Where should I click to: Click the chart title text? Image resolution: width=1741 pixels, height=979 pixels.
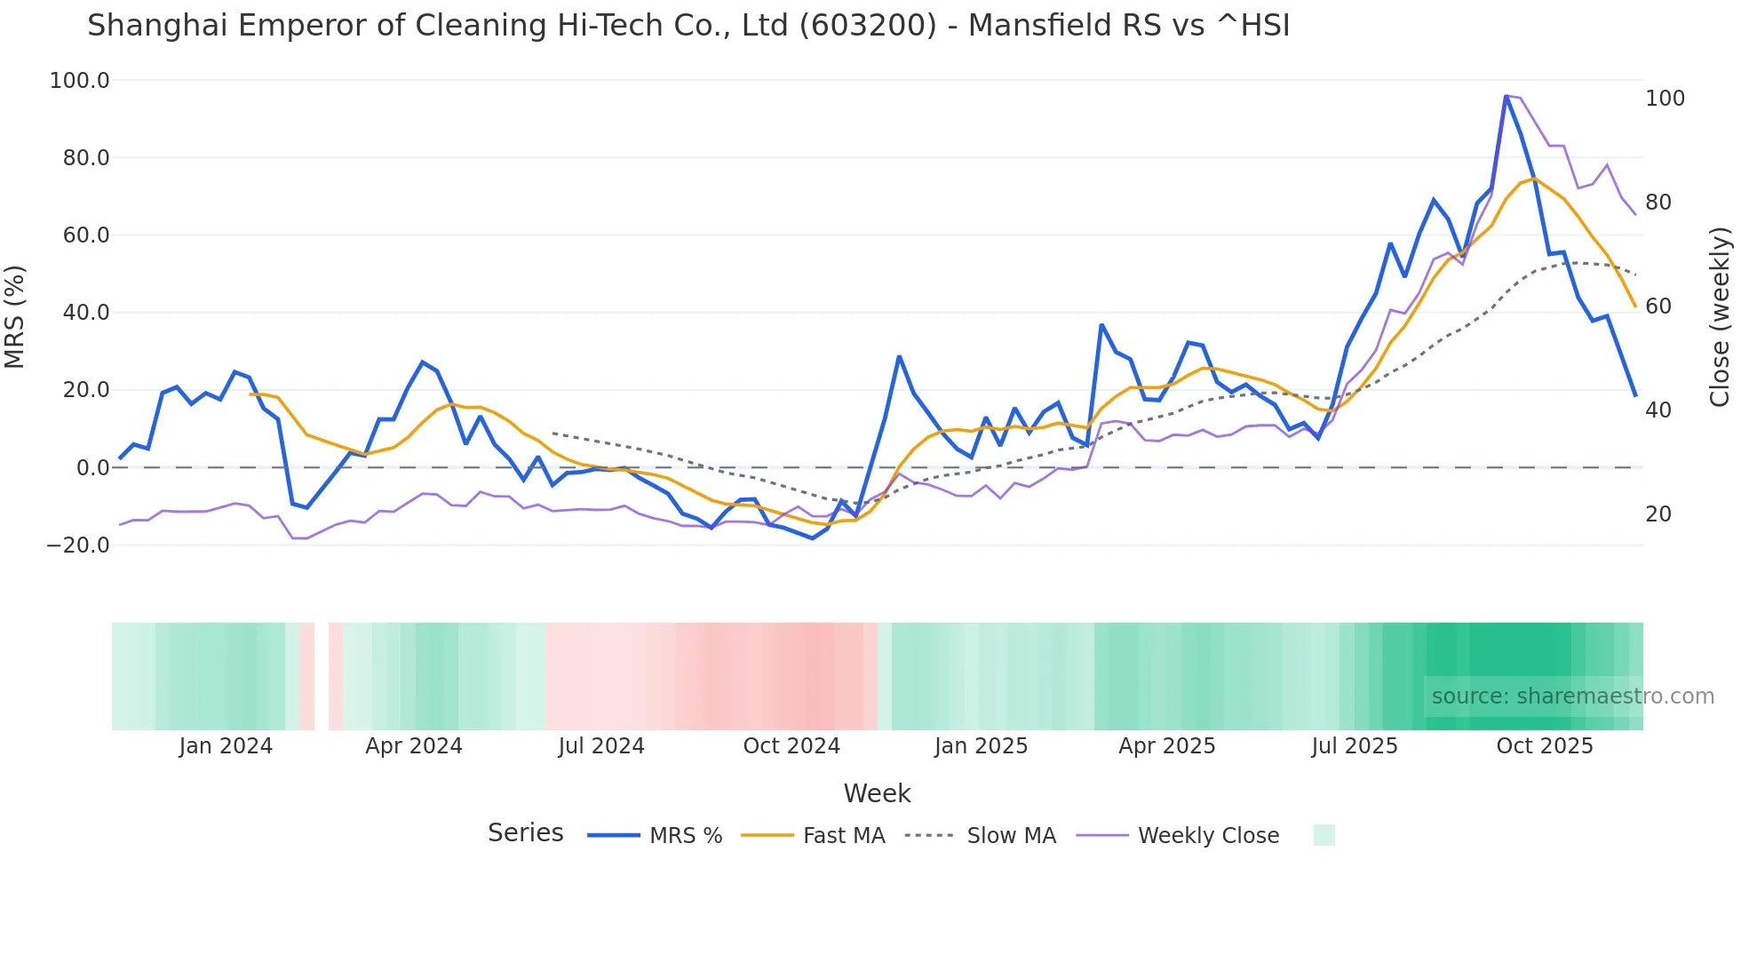[x=688, y=26]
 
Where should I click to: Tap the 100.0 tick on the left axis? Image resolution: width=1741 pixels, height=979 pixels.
[x=80, y=81]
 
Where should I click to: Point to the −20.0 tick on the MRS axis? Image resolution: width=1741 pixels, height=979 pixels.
[x=78, y=545]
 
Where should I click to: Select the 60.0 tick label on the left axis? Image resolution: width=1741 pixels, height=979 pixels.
[x=86, y=235]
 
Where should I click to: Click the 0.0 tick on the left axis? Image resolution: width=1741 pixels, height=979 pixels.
[x=92, y=468]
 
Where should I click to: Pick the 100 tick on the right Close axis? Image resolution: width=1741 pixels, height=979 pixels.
[x=1665, y=99]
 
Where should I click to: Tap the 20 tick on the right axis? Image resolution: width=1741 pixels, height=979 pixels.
[x=1658, y=514]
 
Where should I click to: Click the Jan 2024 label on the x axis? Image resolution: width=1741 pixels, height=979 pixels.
[x=226, y=746]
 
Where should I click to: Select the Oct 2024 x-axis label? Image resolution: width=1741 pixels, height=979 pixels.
[x=791, y=746]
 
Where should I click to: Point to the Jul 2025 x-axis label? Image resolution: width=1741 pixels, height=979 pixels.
[x=1355, y=746]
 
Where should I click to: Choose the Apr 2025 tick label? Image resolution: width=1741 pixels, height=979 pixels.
[x=1167, y=746]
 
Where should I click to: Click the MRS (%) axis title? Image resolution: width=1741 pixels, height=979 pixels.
[x=15, y=316]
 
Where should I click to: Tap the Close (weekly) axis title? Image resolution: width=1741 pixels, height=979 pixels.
[x=1720, y=316]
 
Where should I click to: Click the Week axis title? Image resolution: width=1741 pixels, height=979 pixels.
[x=877, y=793]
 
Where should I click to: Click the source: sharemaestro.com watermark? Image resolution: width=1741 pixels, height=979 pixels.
[x=1572, y=696]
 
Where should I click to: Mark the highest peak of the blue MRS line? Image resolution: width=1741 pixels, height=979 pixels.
[x=1506, y=96]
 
